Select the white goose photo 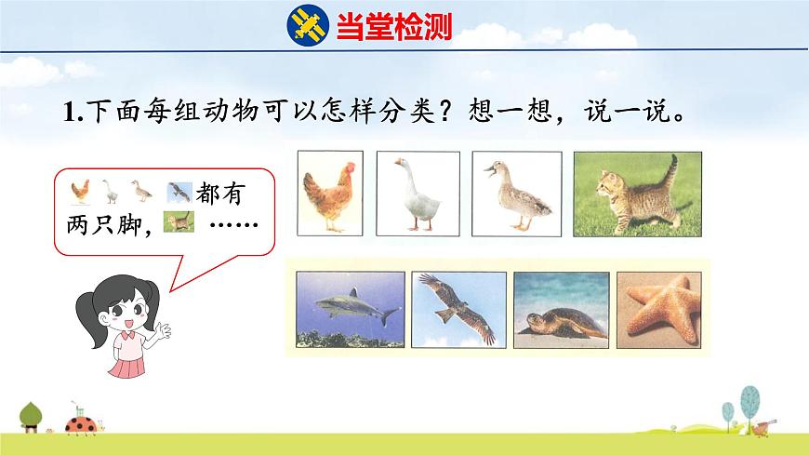[418, 193]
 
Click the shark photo [351, 307]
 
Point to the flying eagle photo [458, 307]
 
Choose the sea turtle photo [561, 307]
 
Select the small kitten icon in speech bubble [179, 222]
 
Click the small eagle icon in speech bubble [178, 192]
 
